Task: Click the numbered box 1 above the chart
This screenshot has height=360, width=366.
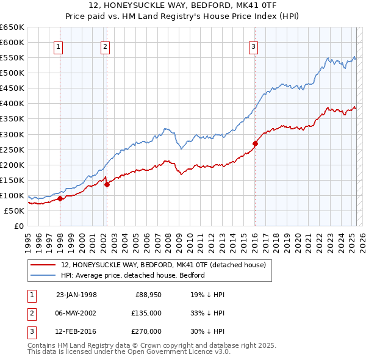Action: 58,46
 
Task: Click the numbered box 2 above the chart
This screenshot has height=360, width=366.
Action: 105,46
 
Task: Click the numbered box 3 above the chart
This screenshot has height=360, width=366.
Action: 253,46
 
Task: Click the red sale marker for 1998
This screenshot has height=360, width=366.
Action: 60,198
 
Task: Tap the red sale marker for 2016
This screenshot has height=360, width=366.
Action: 255,143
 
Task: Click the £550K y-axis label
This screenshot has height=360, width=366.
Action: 12,57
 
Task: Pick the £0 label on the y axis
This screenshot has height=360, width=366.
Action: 18,226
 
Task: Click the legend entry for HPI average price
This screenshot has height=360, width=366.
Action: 132,275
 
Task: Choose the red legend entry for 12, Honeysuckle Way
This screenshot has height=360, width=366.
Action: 163,265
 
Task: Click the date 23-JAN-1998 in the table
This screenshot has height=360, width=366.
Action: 76,295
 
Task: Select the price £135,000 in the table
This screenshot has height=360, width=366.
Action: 146,313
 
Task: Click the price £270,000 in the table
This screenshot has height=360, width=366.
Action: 146,331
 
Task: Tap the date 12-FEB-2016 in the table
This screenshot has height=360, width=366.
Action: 76,331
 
